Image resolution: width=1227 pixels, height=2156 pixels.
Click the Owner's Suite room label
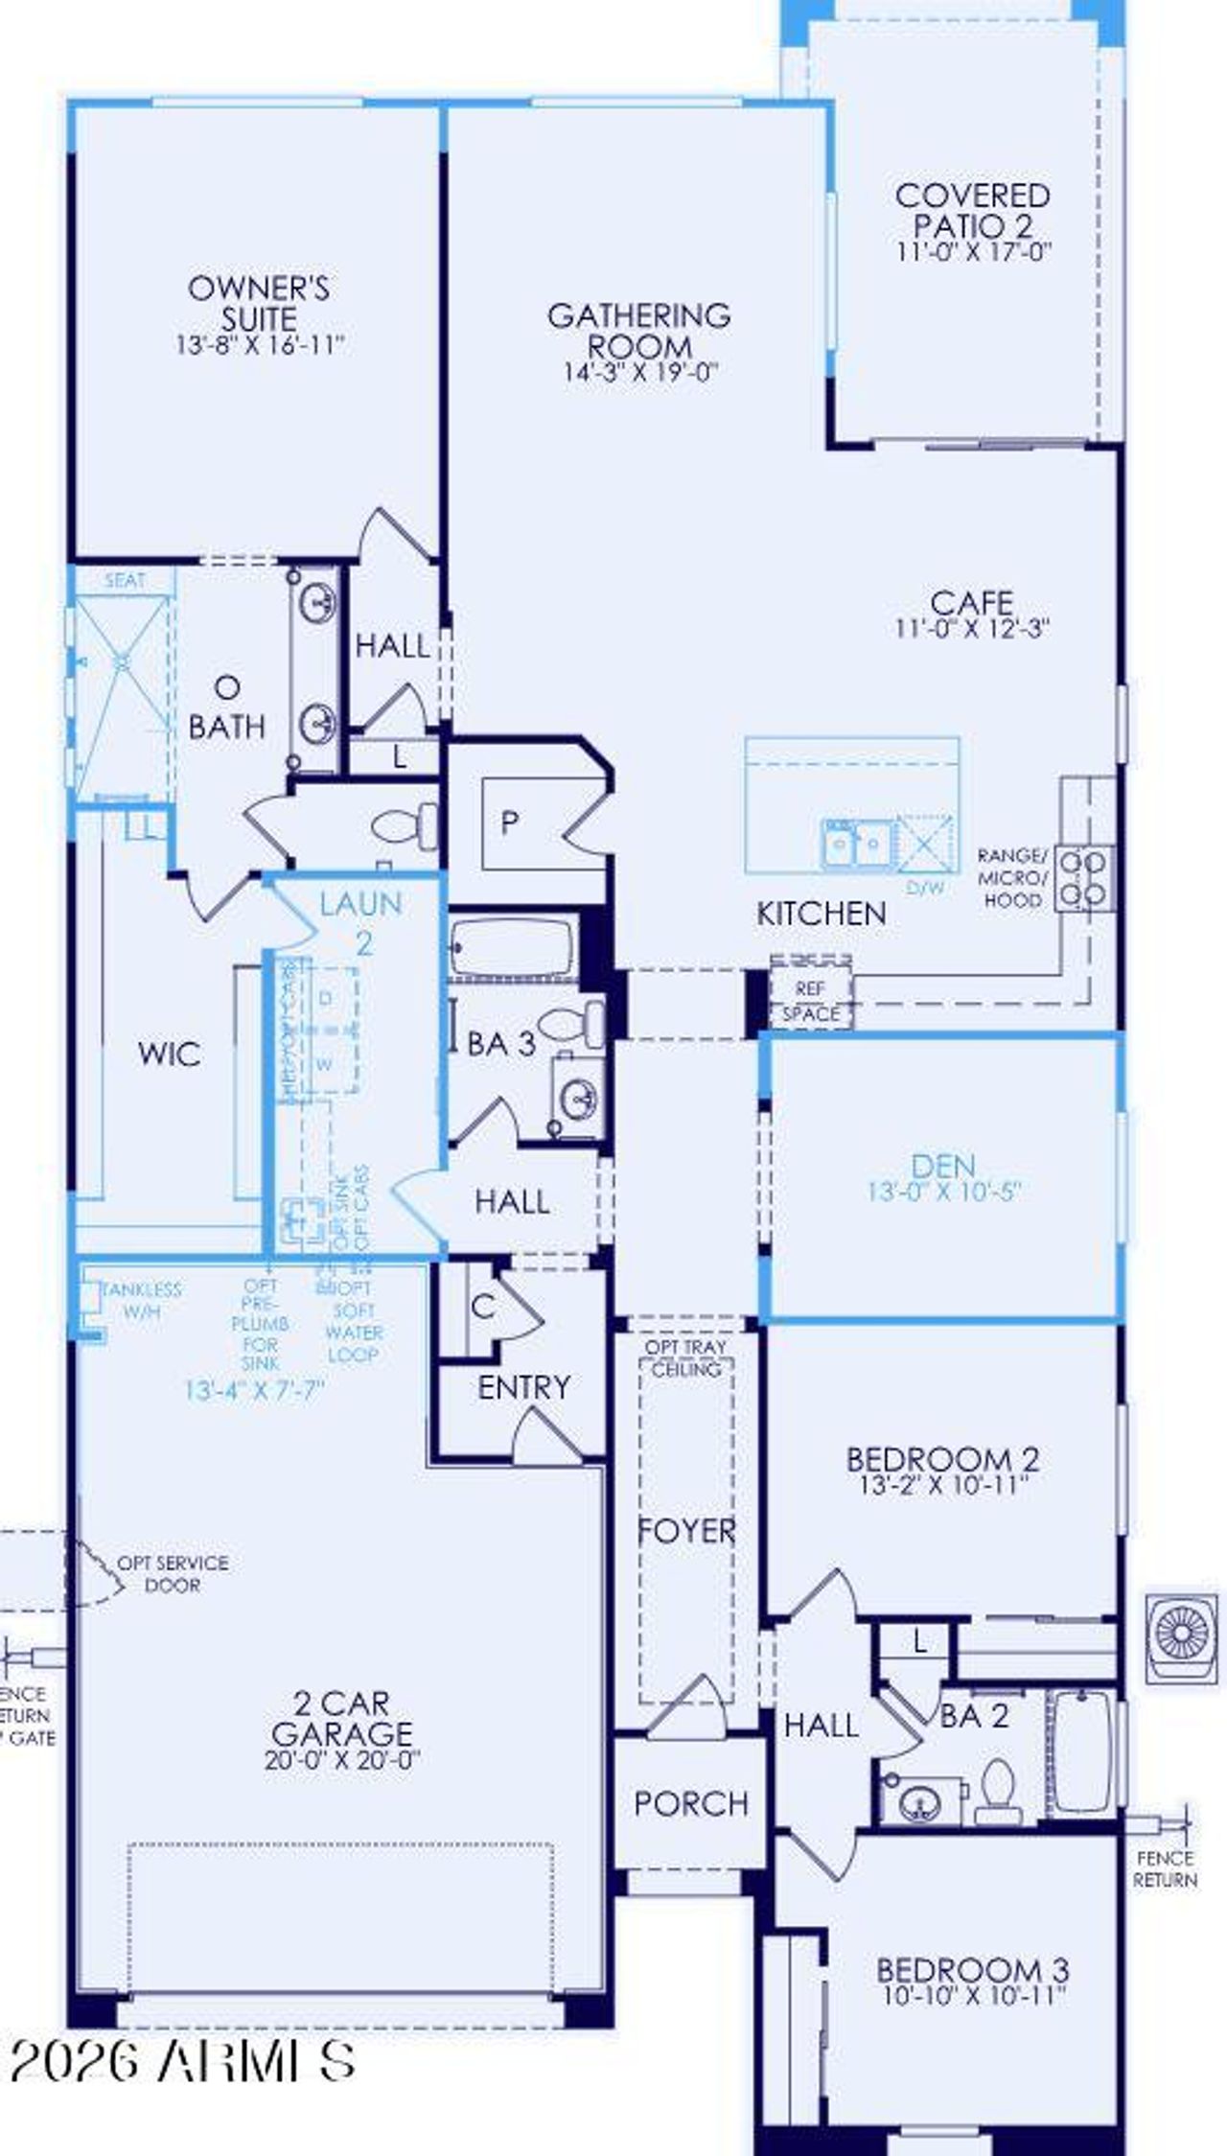[x=258, y=303]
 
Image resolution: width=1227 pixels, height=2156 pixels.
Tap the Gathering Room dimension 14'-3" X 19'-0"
[x=639, y=373]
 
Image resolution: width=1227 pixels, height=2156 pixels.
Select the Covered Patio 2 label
[x=973, y=211]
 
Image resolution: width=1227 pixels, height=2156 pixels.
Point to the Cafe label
[x=971, y=603]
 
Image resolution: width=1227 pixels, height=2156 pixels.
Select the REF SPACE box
[x=811, y=1001]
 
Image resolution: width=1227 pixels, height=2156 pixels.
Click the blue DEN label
[x=943, y=1166]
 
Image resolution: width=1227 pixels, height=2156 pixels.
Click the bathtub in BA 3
[x=512, y=948]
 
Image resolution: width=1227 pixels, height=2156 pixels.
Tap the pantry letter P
[x=510, y=822]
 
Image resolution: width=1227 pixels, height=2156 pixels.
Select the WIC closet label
[x=169, y=1055]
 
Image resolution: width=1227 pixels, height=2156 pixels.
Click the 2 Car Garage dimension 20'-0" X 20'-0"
[x=343, y=1760]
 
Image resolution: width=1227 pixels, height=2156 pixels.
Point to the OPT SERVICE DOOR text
[x=174, y=1573]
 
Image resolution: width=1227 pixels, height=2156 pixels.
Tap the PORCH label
[x=690, y=1803]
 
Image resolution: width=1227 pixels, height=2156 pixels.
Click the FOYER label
[x=686, y=1531]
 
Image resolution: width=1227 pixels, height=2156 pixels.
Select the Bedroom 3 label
[x=972, y=1970]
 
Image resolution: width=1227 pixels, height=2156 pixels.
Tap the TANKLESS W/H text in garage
[x=142, y=1300]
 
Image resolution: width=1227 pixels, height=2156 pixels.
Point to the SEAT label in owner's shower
[x=125, y=580]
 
